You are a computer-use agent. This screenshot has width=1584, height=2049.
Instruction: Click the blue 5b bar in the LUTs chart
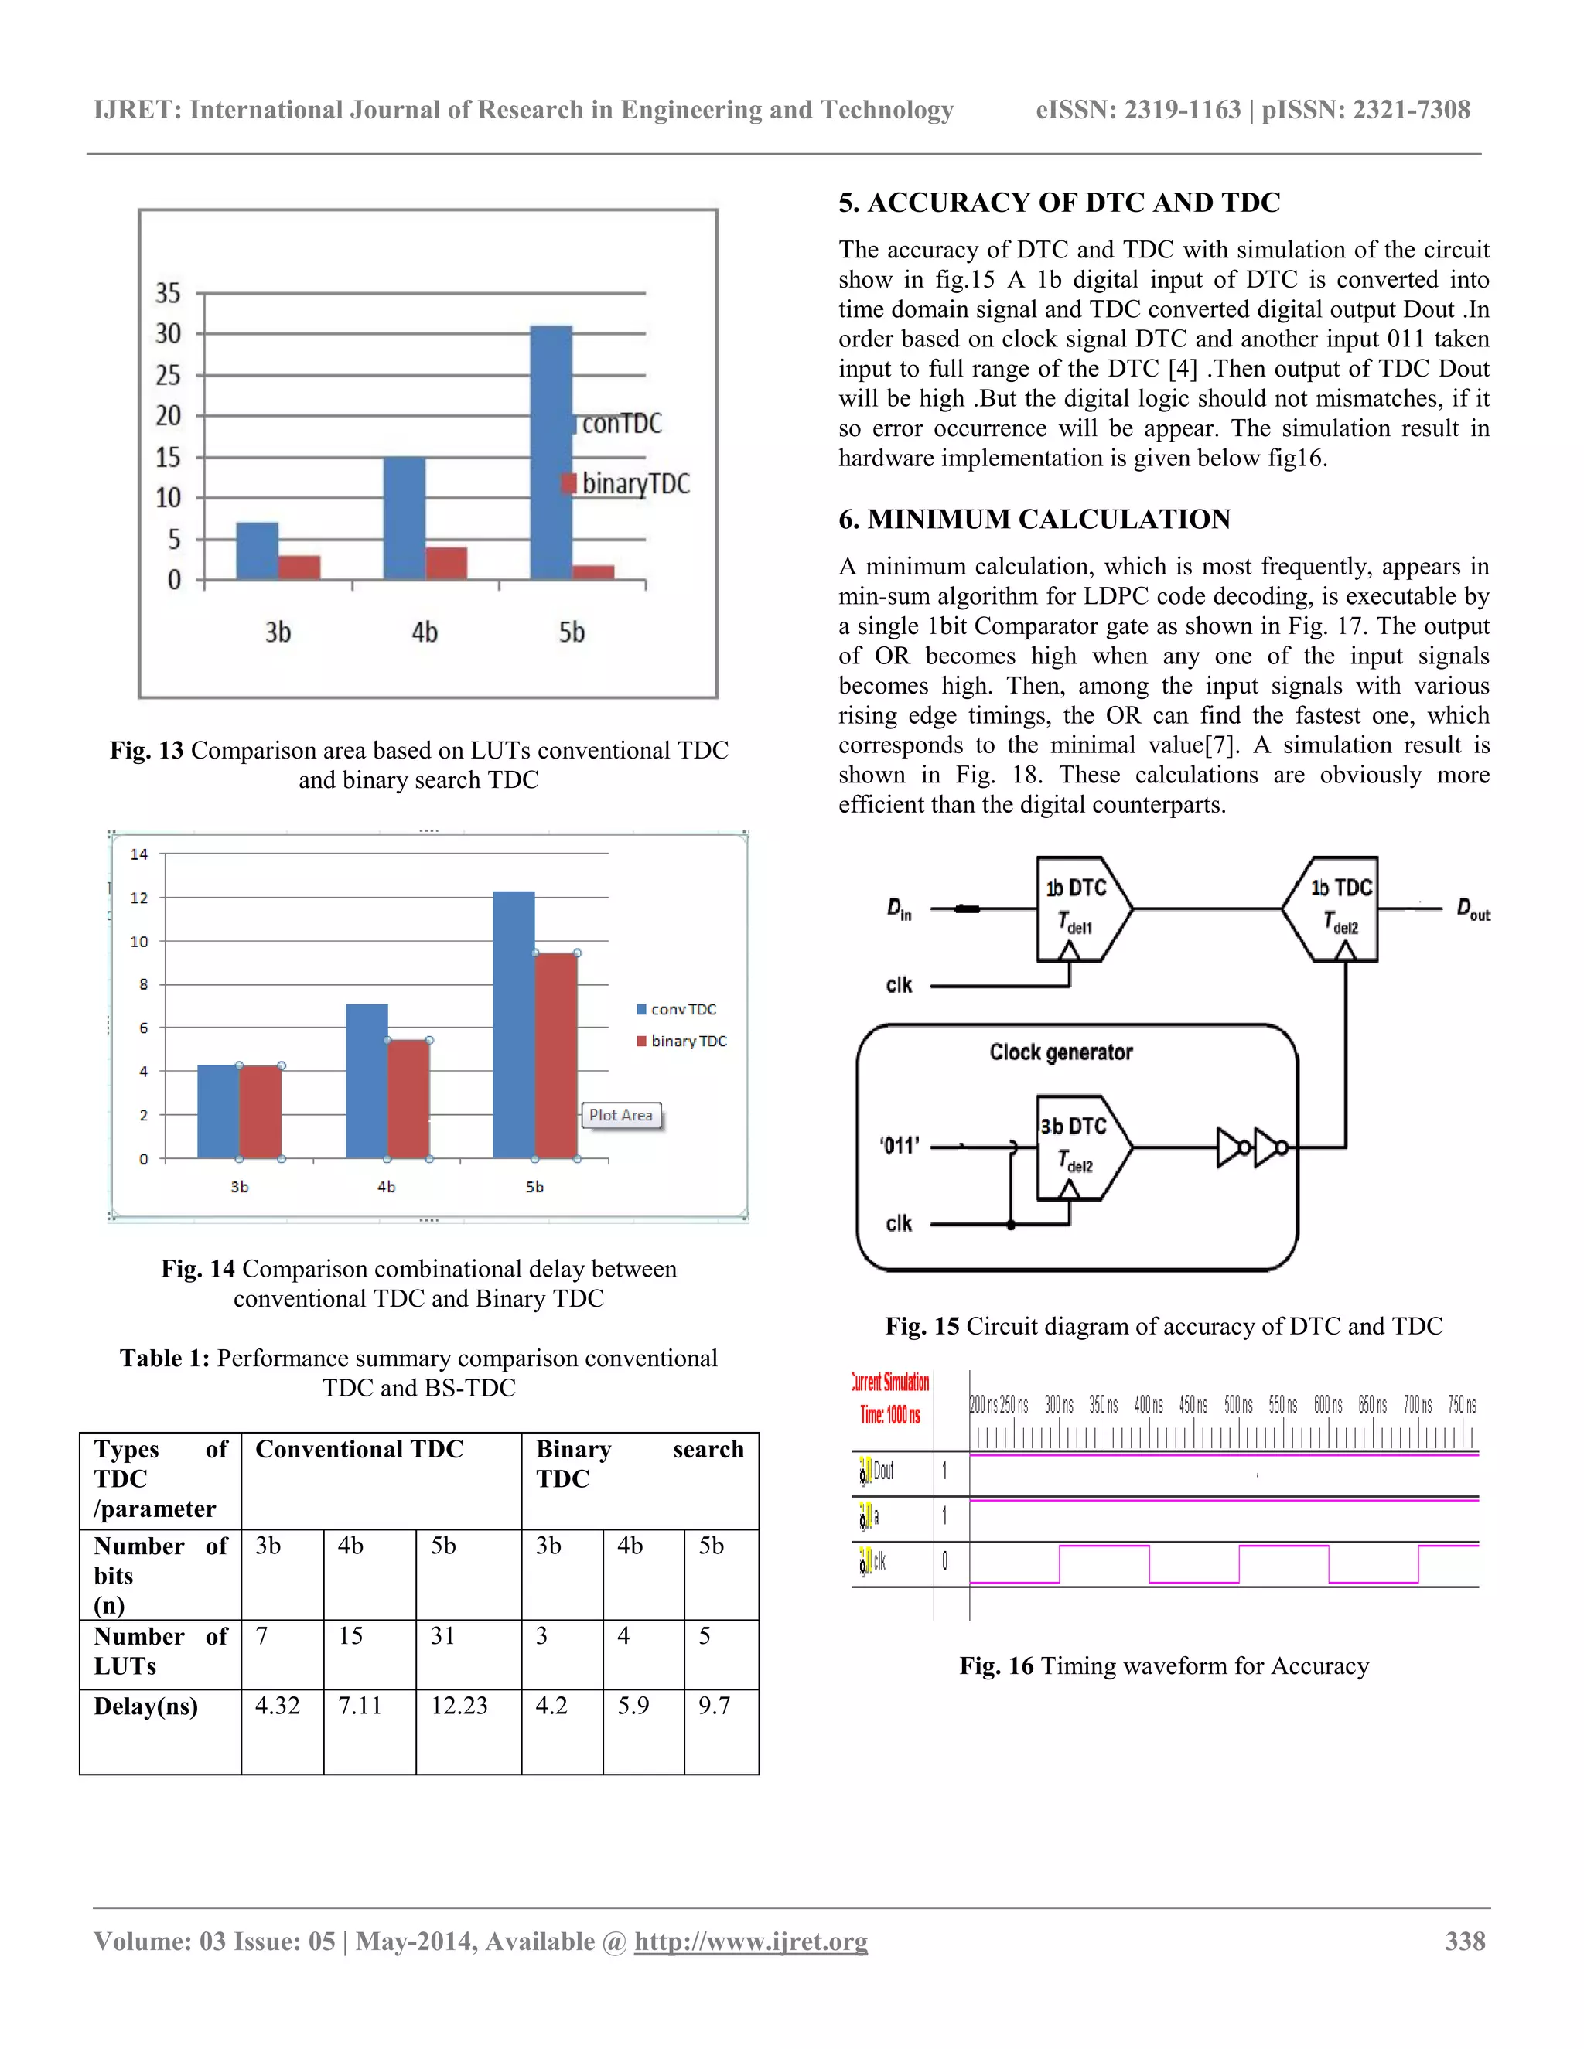click(x=551, y=452)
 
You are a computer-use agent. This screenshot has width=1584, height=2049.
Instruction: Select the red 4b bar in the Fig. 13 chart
click(x=445, y=563)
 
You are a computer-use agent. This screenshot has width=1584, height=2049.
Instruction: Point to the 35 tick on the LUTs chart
click(x=168, y=293)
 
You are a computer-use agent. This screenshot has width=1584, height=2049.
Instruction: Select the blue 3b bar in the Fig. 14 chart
click(x=217, y=1111)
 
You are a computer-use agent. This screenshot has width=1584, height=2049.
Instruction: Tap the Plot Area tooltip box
click(x=620, y=1116)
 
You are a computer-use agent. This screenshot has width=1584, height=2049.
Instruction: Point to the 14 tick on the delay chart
click(x=139, y=854)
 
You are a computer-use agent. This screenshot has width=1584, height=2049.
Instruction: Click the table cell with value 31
click(x=443, y=1636)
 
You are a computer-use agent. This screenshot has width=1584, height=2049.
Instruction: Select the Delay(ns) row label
click(x=146, y=1706)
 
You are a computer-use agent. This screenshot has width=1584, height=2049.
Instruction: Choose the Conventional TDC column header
click(x=360, y=1450)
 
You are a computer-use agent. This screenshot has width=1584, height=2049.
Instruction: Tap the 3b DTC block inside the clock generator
click(x=1075, y=1146)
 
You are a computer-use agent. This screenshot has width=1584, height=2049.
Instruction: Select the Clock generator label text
click(x=1060, y=1052)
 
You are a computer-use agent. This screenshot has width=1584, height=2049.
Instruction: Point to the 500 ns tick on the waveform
click(x=1237, y=1404)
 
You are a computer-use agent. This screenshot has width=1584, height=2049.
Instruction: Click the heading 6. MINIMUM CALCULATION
click(x=1034, y=519)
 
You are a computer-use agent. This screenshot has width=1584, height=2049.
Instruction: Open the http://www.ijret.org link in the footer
click(x=751, y=1941)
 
